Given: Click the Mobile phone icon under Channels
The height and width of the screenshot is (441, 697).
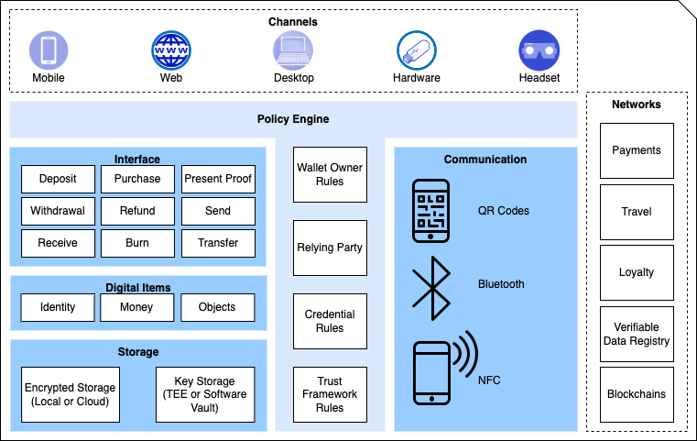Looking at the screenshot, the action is (x=49, y=50).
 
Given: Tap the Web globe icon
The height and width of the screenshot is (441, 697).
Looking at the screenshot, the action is (x=171, y=50).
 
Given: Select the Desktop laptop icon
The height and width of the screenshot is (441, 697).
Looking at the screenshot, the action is (x=293, y=50).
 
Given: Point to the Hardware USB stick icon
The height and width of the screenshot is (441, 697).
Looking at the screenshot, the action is (x=417, y=50).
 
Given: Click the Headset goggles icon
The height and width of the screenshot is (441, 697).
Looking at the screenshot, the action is (x=539, y=50).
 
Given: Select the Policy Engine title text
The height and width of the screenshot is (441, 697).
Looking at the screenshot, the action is (x=293, y=119).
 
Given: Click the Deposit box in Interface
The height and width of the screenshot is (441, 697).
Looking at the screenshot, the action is (x=58, y=179).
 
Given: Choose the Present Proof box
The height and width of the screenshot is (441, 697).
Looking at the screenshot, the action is (x=218, y=179).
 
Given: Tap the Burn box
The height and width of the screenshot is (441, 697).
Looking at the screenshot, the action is (x=137, y=243).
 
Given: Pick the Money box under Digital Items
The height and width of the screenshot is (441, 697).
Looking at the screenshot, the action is (x=136, y=307).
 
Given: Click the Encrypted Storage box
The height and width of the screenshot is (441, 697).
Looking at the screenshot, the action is (x=71, y=394).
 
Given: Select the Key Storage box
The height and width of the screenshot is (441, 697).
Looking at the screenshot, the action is (x=205, y=394).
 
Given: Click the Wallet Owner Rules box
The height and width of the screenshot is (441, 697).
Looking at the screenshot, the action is (x=330, y=174).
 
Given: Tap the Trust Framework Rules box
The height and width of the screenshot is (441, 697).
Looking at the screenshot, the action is (x=330, y=394).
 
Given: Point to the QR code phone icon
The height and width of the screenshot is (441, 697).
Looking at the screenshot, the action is (x=430, y=211).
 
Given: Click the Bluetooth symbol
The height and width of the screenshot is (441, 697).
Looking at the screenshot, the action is (x=431, y=289).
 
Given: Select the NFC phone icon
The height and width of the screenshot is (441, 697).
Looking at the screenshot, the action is (x=445, y=368).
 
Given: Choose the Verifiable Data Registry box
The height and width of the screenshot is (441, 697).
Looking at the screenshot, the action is (x=637, y=334).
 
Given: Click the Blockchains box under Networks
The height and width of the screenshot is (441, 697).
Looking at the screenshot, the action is (x=637, y=394).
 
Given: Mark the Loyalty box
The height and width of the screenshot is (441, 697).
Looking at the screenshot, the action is (x=637, y=272).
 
